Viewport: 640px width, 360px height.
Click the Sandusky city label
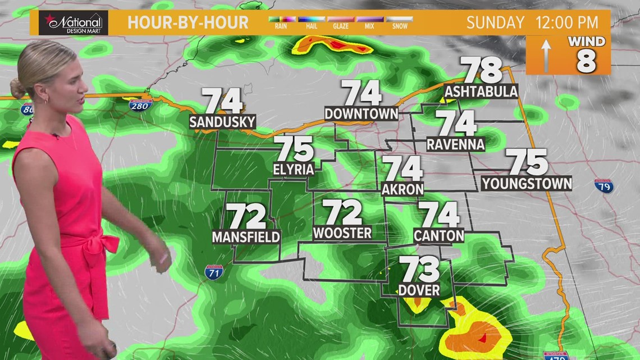222,122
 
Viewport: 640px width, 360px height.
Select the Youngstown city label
527,183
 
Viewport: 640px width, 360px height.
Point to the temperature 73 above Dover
419,270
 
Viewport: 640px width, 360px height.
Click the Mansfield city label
246,237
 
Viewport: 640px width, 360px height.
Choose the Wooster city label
342,233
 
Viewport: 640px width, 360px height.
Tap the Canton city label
439,235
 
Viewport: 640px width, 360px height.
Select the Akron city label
403,189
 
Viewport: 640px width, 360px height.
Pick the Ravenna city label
455,144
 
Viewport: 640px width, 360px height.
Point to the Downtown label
361,113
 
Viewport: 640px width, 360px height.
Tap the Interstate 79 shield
604,186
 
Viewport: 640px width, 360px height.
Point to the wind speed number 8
586,62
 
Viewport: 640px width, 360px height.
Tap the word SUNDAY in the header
495,23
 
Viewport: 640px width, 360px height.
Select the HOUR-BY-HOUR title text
188,23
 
